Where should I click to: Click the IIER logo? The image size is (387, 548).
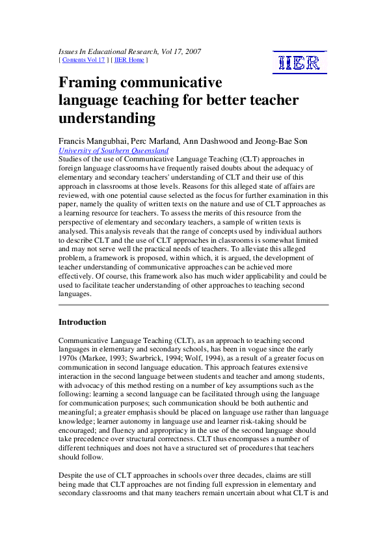299,62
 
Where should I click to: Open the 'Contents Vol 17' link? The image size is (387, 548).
83,60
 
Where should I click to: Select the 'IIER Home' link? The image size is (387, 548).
130,60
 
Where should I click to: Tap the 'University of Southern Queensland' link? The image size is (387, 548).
113,150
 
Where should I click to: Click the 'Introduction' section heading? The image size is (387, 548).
82,322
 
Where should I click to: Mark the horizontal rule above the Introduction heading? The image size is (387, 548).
193,305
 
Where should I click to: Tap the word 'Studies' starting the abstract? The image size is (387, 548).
72,159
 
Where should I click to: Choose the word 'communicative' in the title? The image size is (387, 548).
176,83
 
